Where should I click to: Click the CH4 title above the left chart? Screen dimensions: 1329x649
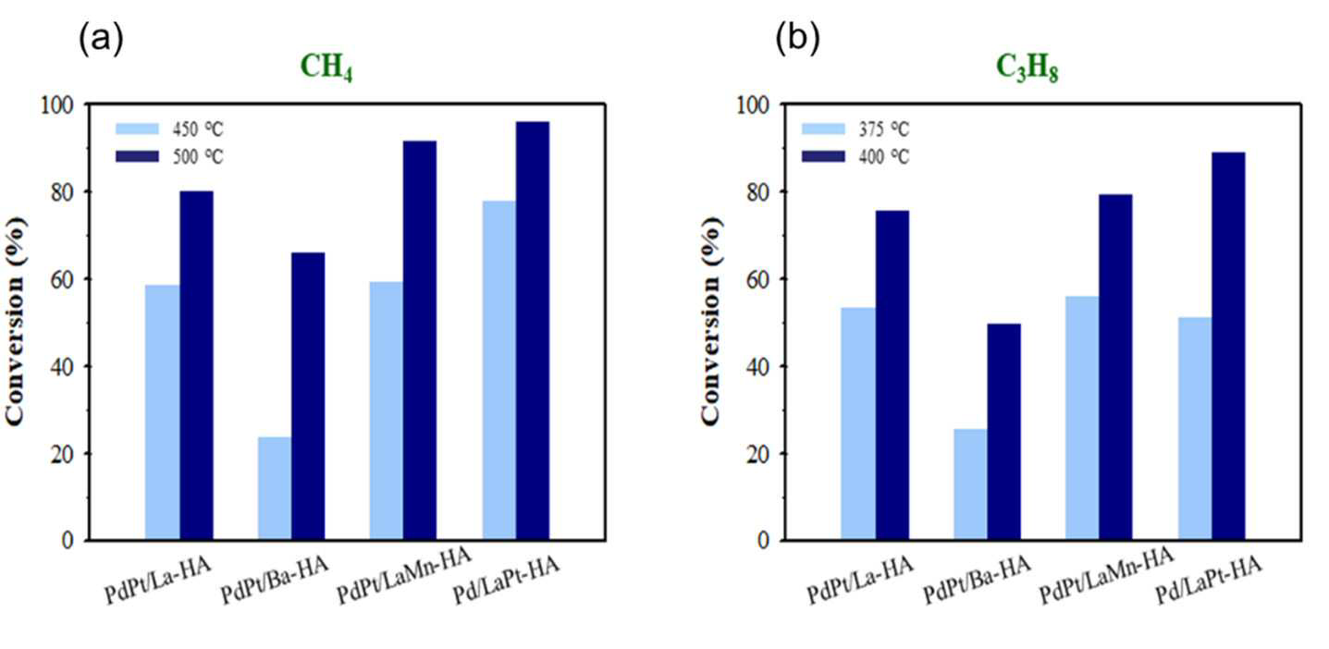pos(326,67)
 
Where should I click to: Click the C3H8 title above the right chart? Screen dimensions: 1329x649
pos(1027,67)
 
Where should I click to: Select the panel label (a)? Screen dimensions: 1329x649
pos(101,39)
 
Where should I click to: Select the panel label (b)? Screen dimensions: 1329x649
pos(798,39)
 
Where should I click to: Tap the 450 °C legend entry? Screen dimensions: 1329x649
pos(169,129)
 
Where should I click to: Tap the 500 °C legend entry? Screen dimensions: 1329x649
pos(169,156)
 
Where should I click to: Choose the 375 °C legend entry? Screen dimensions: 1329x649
pos(855,129)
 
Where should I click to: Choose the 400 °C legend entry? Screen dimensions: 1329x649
pos(855,156)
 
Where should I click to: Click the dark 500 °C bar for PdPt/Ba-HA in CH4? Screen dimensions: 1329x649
pos(308,397)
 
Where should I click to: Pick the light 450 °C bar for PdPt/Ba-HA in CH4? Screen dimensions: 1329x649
pos(275,488)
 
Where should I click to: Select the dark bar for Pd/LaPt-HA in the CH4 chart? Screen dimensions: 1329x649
pos(532,331)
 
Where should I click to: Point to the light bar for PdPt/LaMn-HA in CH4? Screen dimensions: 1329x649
pos(387,410)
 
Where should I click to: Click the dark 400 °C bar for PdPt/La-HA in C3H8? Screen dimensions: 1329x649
pos(892,375)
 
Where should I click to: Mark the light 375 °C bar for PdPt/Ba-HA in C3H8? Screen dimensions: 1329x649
pos(971,484)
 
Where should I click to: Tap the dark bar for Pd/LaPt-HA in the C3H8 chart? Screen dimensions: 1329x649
pos(1228,347)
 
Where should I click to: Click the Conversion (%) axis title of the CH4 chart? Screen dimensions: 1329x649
pos(16,321)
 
